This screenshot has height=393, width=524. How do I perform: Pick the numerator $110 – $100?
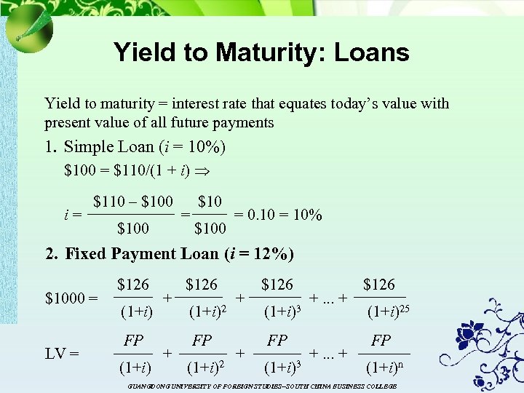pyautogui.click(x=133, y=201)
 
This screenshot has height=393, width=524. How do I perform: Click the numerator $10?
pyautogui.click(x=210, y=201)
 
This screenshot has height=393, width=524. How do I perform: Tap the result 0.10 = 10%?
pyautogui.click(x=284, y=215)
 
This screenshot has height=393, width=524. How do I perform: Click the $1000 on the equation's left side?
pyautogui.click(x=71, y=298)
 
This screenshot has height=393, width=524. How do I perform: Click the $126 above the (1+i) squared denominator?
pyautogui.click(x=202, y=284)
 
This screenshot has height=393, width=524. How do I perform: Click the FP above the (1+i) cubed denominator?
pyautogui.click(x=277, y=340)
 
